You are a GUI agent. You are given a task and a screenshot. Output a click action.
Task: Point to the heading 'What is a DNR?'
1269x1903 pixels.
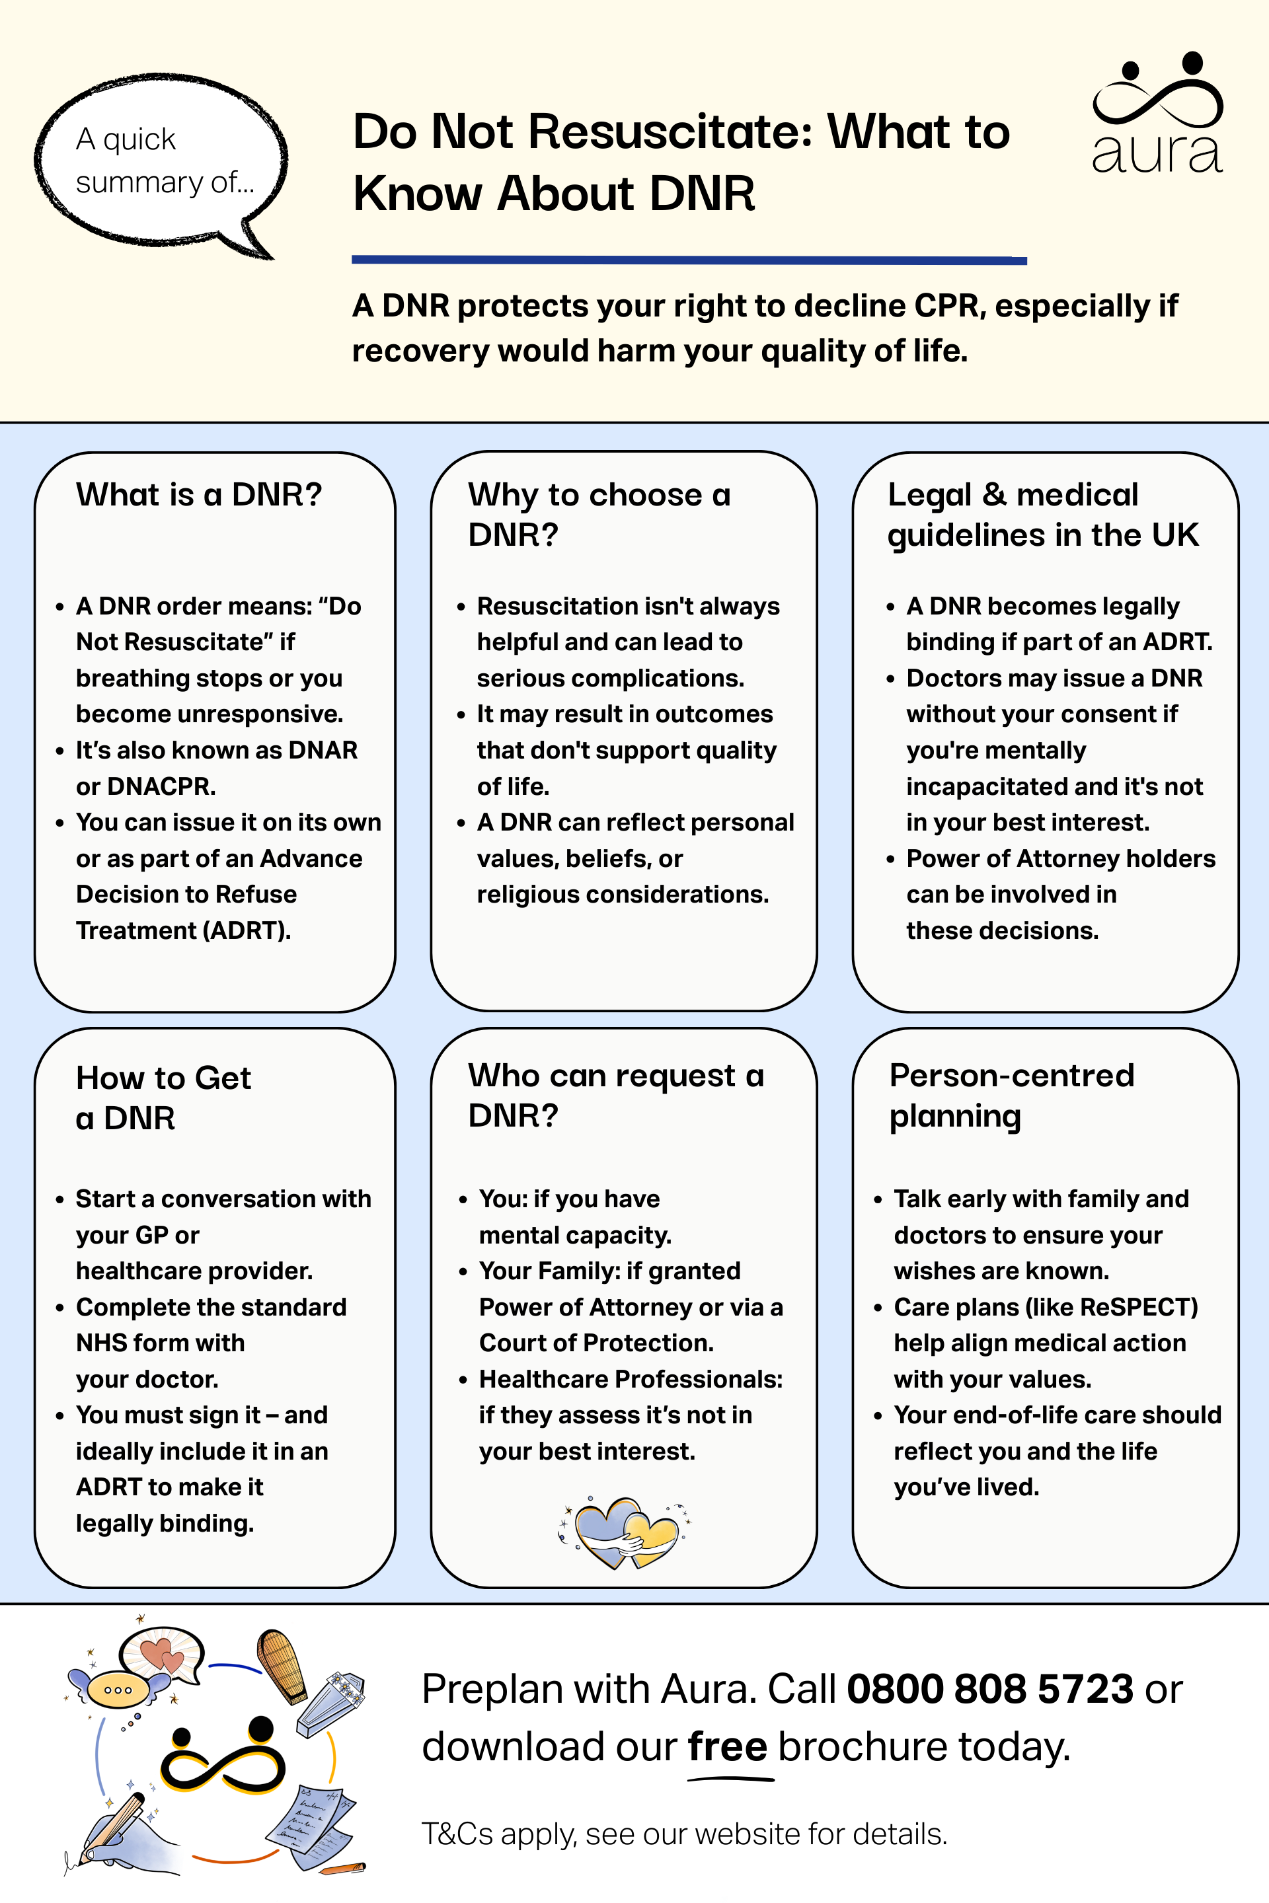point(199,494)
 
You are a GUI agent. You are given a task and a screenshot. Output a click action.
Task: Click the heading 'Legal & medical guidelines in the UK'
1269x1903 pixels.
point(1042,515)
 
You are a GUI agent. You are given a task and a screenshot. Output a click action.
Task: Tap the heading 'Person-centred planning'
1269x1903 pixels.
point(1012,1096)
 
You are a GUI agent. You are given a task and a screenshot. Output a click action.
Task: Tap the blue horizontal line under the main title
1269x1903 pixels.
point(689,260)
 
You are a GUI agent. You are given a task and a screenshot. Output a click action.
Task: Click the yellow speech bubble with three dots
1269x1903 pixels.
point(118,1690)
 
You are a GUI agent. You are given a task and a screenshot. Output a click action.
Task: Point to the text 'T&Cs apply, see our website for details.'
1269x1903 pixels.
point(684,1834)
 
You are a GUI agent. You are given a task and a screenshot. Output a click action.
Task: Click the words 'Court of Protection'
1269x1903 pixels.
point(595,1343)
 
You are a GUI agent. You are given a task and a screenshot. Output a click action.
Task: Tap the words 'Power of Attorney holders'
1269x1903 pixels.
point(1060,858)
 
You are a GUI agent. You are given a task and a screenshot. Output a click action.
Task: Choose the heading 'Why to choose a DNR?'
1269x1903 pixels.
point(599,515)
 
